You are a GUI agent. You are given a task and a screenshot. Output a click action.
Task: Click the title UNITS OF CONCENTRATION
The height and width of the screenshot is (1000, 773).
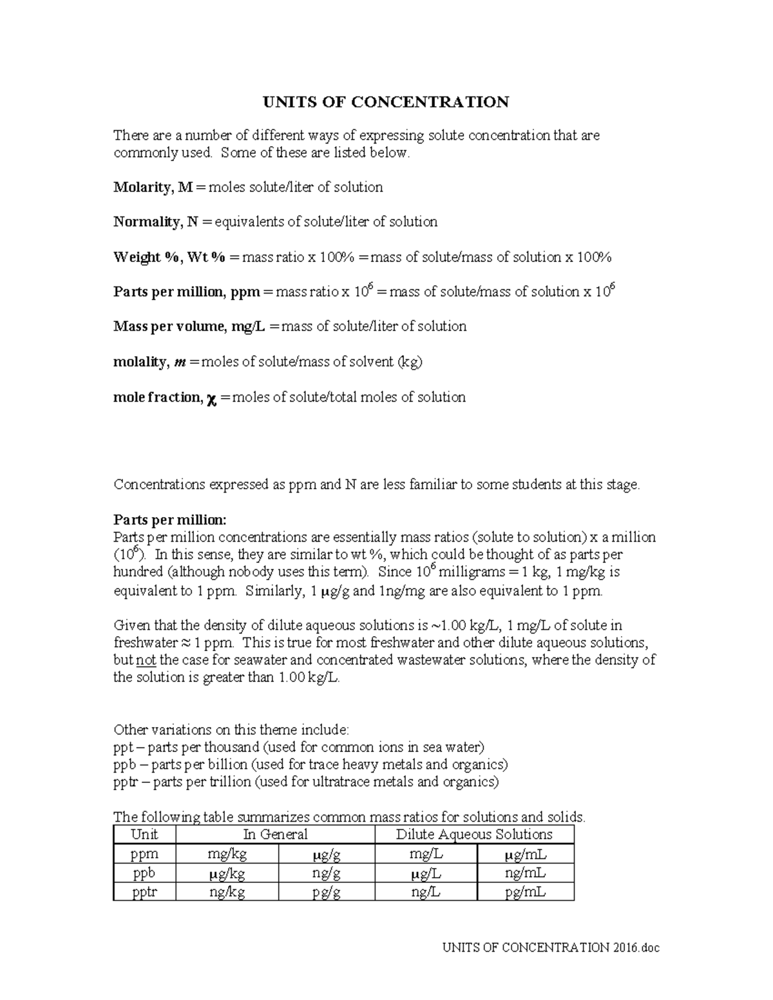click(385, 102)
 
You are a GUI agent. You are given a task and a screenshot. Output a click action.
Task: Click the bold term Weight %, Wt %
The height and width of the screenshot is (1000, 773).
click(169, 258)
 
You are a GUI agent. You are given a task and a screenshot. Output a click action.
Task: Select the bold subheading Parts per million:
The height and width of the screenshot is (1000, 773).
click(170, 520)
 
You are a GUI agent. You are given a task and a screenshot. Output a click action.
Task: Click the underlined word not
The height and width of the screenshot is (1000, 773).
click(146, 660)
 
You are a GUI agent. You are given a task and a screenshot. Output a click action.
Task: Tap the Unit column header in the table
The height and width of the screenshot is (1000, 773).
click(144, 835)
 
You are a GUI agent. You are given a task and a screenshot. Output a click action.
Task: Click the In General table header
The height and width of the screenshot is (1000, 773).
click(275, 835)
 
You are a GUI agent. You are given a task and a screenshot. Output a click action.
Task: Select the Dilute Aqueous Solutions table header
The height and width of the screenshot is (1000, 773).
click(474, 835)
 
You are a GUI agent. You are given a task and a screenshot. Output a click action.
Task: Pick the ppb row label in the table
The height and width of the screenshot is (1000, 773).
click(144, 873)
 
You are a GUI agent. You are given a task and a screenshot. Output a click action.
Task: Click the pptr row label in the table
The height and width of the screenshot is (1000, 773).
click(144, 892)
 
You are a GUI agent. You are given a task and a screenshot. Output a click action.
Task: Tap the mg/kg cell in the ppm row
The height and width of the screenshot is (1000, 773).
click(227, 854)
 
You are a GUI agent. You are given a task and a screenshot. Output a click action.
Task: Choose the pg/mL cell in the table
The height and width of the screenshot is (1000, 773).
click(525, 892)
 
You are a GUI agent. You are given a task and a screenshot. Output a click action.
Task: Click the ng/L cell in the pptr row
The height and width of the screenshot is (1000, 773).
click(426, 892)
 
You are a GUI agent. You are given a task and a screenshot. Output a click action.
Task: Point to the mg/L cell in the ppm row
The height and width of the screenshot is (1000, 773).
click(426, 854)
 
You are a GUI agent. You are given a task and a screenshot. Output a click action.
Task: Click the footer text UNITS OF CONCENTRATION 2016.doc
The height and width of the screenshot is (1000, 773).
click(551, 947)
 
